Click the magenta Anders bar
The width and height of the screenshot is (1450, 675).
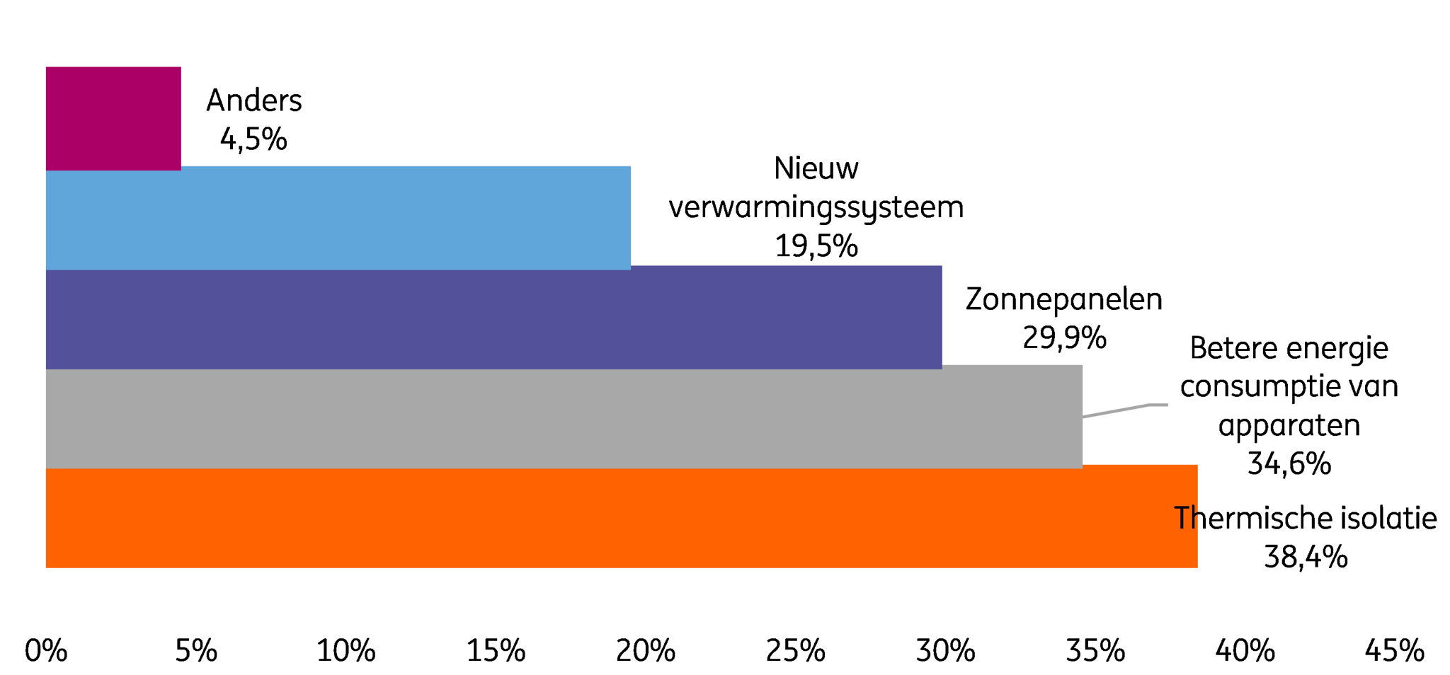(x=113, y=118)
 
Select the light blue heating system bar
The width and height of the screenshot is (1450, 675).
(x=338, y=218)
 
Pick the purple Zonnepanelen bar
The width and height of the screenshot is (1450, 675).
(x=494, y=317)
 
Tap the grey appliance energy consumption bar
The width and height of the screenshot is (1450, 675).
(x=564, y=417)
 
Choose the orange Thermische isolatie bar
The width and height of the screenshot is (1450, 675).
(x=622, y=517)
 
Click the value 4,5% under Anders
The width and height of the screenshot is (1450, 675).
(x=253, y=139)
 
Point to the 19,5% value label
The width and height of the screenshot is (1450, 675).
(x=816, y=246)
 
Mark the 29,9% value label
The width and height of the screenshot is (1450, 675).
(x=1064, y=337)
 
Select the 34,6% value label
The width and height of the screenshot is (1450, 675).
(x=1289, y=463)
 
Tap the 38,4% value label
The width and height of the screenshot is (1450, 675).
(x=1306, y=557)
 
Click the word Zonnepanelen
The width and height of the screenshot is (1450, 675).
(x=1064, y=299)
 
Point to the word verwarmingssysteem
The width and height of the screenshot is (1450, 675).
(x=816, y=208)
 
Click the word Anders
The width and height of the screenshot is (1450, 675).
(x=254, y=100)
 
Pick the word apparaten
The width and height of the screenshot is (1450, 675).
(x=1289, y=426)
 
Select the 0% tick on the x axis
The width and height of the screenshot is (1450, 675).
(x=46, y=651)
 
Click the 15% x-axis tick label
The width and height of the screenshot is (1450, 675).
(x=496, y=651)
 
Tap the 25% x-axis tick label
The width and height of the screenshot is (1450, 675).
(x=795, y=651)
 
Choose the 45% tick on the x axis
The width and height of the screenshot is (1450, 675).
(x=1395, y=651)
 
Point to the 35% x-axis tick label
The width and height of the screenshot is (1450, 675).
(x=1095, y=651)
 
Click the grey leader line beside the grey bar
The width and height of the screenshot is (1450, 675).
(x=1125, y=410)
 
